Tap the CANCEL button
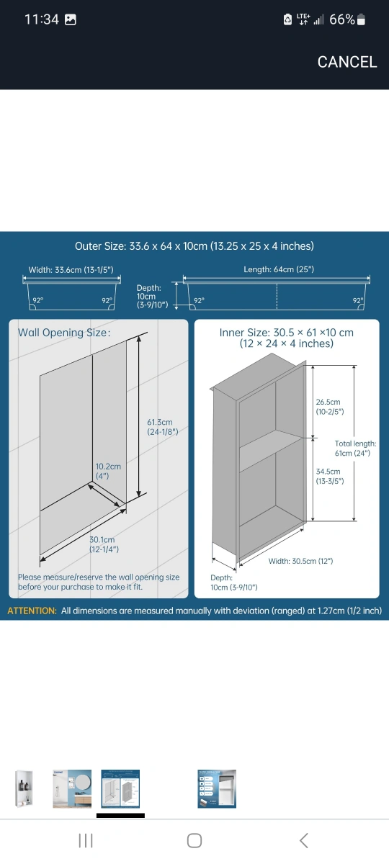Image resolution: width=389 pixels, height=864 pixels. point(347,62)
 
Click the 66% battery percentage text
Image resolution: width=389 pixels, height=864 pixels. point(342,19)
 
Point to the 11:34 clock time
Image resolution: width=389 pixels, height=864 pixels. point(42,19)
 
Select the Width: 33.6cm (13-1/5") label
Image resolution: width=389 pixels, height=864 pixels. point(71,269)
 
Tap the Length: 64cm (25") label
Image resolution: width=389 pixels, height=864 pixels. point(279,269)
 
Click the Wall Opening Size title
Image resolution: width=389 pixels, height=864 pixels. point(64,333)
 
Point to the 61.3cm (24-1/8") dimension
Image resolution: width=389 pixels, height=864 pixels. point(163,427)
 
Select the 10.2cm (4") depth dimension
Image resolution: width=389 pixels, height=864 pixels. point(108,471)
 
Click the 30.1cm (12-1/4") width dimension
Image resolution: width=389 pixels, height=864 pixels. point(104,544)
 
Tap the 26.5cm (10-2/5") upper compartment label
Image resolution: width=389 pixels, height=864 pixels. point(330,407)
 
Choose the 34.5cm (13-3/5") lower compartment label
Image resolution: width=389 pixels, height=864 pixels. point(330,476)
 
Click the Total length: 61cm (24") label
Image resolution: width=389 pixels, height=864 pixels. point(355,448)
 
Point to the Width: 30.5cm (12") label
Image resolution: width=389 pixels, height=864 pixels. point(300,561)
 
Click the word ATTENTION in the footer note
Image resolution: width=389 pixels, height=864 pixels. point(32,611)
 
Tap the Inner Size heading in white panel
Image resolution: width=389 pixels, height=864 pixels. point(287,338)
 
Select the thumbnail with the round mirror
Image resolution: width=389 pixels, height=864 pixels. point(72,789)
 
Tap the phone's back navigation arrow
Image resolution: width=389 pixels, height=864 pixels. point(304,840)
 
